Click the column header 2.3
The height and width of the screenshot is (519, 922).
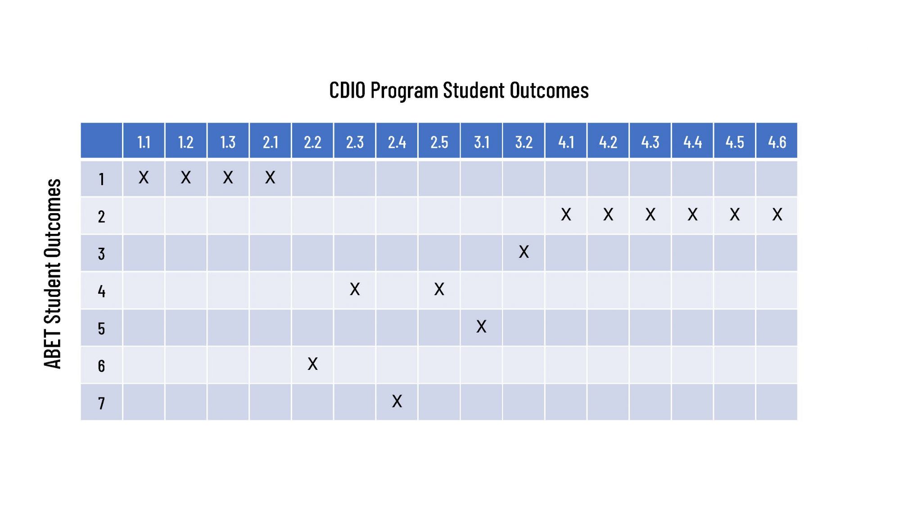(355, 142)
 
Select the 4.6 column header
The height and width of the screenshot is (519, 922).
(777, 142)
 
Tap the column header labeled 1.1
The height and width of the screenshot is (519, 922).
(144, 142)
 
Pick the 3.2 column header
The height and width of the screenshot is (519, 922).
(524, 142)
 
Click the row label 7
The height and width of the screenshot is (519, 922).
(101, 402)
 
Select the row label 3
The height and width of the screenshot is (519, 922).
(101, 254)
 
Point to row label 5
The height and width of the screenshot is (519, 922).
(101, 328)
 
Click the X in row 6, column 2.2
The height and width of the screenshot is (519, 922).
(312, 364)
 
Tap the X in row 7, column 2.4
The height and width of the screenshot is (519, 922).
(397, 401)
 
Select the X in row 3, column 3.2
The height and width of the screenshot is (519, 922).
(524, 252)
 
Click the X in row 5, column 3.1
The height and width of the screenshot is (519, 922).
(481, 326)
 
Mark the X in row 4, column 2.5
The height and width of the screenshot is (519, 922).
(439, 289)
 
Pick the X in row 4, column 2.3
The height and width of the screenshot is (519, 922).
(355, 289)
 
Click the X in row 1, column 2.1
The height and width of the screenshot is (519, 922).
(270, 178)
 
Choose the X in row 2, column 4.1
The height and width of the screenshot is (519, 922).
(566, 214)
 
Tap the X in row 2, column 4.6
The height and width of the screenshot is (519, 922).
(777, 214)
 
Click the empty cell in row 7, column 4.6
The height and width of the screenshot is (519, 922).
(777, 402)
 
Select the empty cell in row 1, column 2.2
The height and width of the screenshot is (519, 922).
(312, 178)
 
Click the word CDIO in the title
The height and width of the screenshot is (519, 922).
(347, 90)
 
